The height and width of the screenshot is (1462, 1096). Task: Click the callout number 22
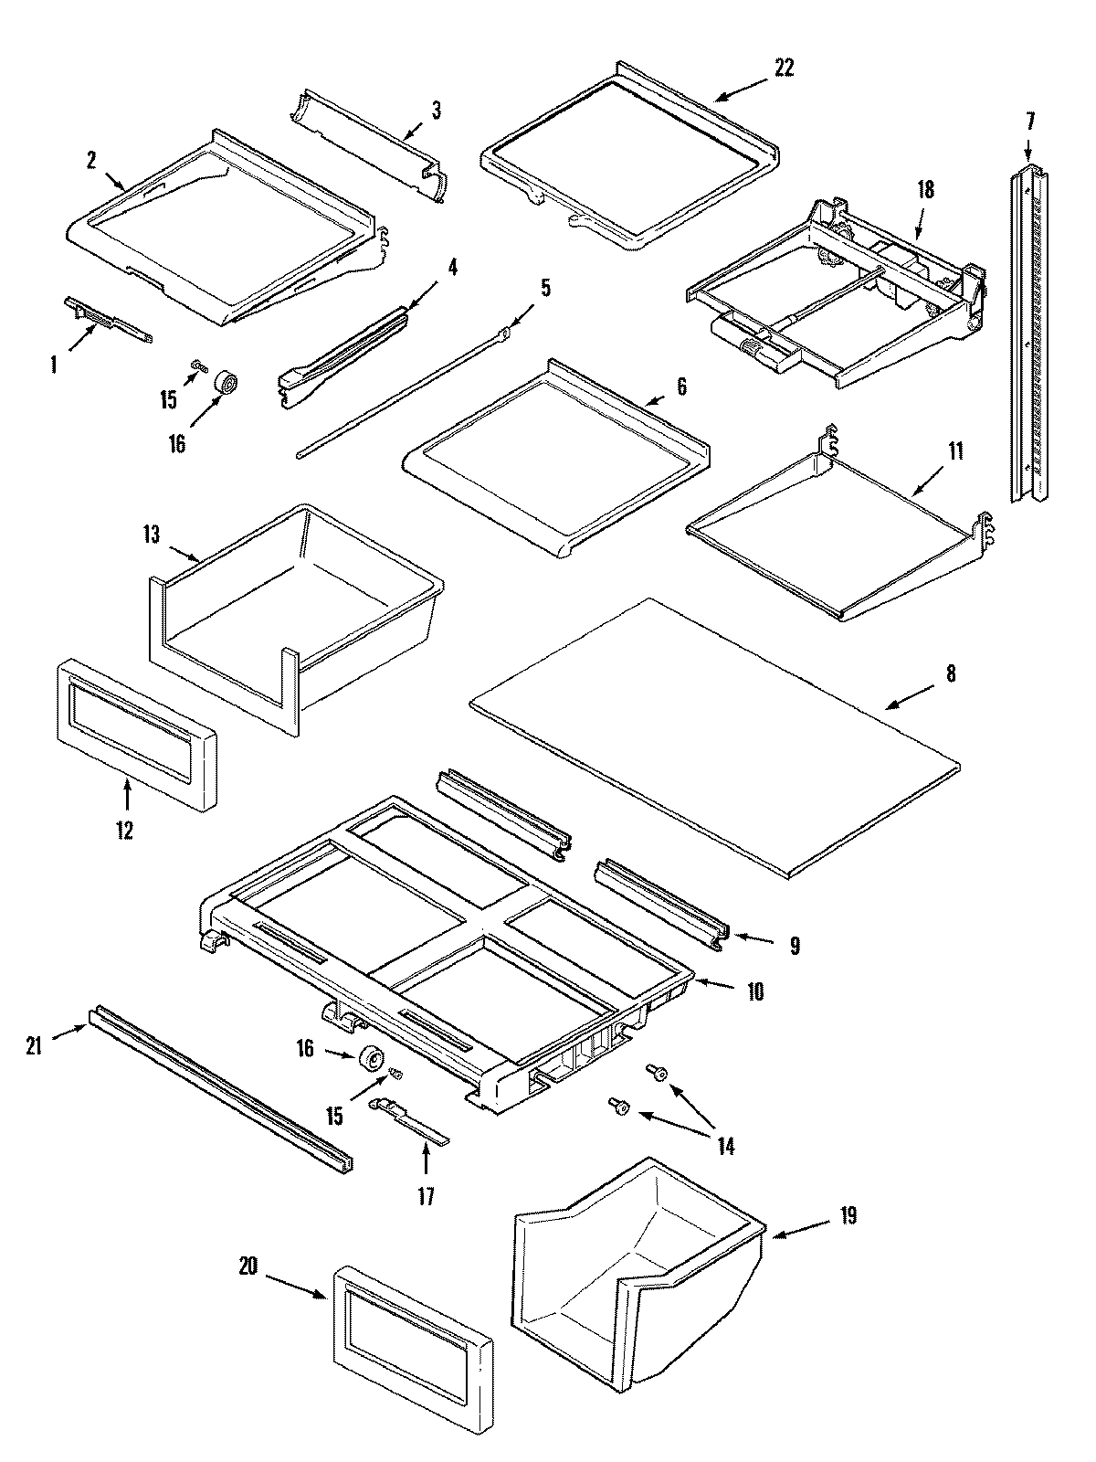point(784,69)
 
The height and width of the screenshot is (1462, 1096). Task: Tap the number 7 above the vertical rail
point(1030,122)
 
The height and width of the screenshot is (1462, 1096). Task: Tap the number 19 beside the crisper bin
point(848,1216)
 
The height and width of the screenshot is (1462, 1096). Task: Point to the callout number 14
point(725,1146)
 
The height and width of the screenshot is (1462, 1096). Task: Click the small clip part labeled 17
point(409,1118)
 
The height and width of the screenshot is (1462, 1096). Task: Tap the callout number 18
point(925,190)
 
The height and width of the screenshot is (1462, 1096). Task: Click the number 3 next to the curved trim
point(436,111)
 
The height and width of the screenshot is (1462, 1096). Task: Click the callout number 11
point(954,452)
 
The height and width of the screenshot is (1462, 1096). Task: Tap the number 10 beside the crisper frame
point(755,991)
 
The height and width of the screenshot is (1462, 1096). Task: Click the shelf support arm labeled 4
point(342,349)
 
